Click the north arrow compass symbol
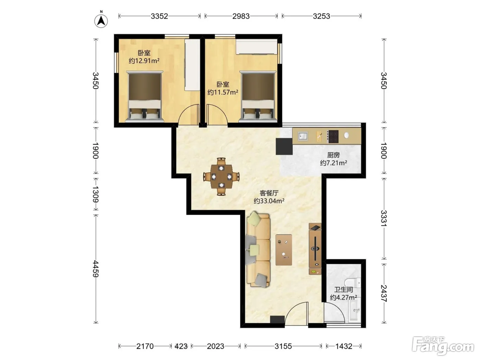click(101, 21)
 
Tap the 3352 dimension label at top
click(159, 16)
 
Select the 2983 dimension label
click(241, 16)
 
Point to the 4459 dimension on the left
click(96, 269)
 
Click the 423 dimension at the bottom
click(181, 346)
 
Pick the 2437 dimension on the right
click(384, 293)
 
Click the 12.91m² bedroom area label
click(144, 61)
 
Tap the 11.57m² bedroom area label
click(223, 92)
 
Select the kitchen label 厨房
click(333, 155)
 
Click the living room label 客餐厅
click(269, 193)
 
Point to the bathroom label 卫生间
click(344, 290)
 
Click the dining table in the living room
click(221, 177)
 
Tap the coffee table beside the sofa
click(284, 250)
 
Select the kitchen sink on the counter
click(303, 136)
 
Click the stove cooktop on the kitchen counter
click(333, 136)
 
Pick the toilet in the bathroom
click(352, 283)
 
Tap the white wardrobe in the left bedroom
click(192, 65)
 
